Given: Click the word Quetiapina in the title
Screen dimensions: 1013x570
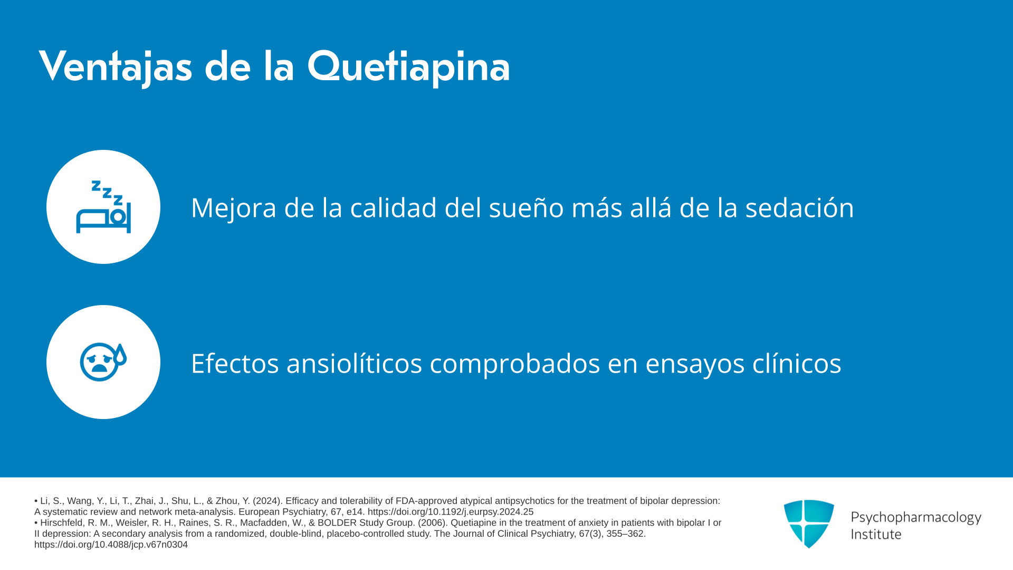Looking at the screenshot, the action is [408, 66].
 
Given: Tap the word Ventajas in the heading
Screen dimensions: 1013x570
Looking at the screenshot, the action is [116, 68].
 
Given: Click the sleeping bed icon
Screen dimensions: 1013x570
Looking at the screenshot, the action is [103, 207].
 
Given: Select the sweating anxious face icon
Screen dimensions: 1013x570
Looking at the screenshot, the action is [103, 362].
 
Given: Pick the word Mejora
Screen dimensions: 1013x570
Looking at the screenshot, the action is [233, 207].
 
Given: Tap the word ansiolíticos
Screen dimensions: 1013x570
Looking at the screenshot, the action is [354, 363].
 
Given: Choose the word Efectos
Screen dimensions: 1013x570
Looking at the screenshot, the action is [235, 363].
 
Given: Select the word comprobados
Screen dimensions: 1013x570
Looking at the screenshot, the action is [515, 364].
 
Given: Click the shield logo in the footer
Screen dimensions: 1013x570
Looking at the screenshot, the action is [809, 524].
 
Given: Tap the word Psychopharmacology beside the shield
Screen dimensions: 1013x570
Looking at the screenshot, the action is [916, 517].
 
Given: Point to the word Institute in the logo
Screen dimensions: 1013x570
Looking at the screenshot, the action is [876, 534].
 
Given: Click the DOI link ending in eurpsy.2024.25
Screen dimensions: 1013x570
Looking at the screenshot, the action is [451, 512].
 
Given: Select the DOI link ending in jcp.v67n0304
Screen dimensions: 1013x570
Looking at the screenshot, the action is [111, 545].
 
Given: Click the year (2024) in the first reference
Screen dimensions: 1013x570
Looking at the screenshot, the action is [266, 501].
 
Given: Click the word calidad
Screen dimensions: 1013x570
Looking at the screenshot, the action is [393, 207].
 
